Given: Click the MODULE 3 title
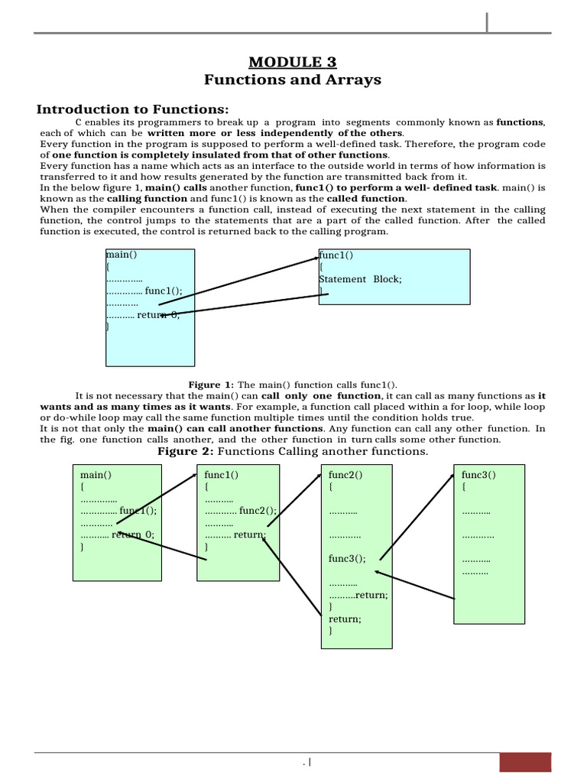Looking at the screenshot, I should pyautogui.click(x=293, y=62).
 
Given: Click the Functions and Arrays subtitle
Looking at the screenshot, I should pyautogui.click(x=293, y=80).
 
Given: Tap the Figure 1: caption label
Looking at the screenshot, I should pyautogui.click(x=211, y=385).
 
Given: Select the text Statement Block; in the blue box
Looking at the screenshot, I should pyautogui.click(x=360, y=279).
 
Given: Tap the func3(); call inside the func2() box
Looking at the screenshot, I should pyautogui.click(x=348, y=559).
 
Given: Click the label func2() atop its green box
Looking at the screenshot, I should pyautogui.click(x=345, y=475).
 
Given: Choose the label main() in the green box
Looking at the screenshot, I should pyautogui.click(x=96, y=475).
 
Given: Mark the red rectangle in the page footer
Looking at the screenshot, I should pyautogui.click(x=524, y=762).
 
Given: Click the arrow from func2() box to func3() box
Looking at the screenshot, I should pyautogui.click(x=418, y=517).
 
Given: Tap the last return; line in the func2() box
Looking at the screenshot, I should pyautogui.click(x=345, y=619).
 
